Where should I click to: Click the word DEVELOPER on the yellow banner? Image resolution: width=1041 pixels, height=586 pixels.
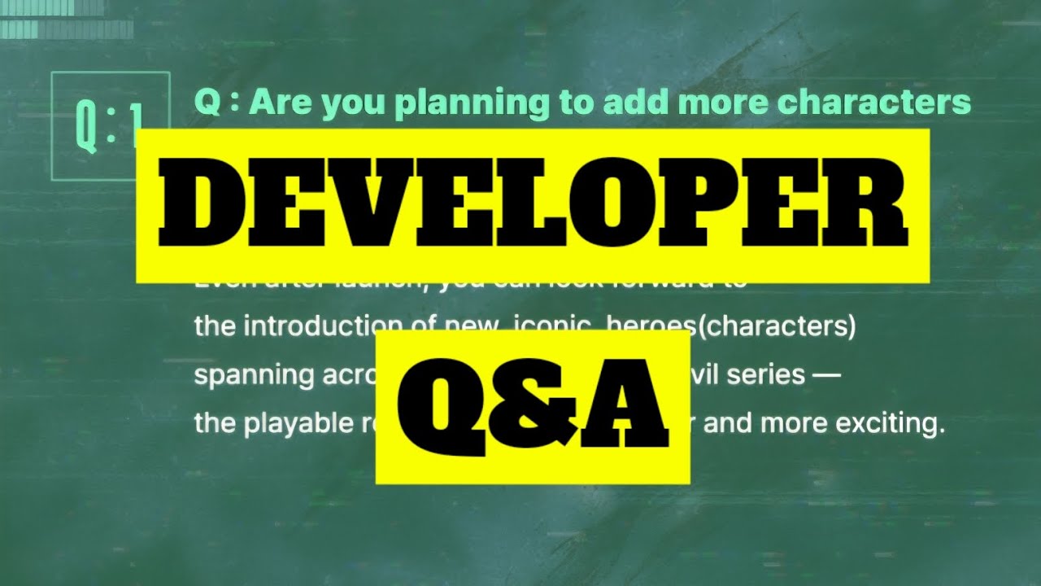(533, 206)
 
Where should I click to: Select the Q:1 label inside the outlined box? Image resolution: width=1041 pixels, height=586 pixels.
(110, 127)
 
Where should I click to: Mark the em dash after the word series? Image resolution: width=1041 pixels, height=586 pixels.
(826, 375)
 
